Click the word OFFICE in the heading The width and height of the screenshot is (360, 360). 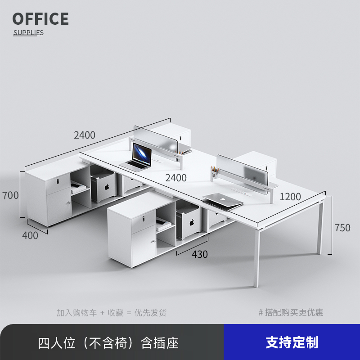click(x=40, y=19)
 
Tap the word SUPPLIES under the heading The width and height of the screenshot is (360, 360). click(x=28, y=32)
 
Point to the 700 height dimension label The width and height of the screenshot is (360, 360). click(x=10, y=195)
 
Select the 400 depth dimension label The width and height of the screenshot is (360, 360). click(x=30, y=235)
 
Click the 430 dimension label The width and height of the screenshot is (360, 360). click(x=199, y=254)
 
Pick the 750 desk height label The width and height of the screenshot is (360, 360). click(x=342, y=228)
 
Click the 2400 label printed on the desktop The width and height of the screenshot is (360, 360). click(x=175, y=178)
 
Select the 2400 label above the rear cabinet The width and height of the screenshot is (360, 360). click(x=85, y=135)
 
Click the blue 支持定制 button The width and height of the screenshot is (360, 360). click(x=292, y=342)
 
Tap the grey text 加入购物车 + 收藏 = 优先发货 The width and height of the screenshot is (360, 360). click(x=112, y=312)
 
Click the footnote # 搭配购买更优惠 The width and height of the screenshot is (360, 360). click(x=291, y=312)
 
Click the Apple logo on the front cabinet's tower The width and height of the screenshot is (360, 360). click(x=191, y=222)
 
